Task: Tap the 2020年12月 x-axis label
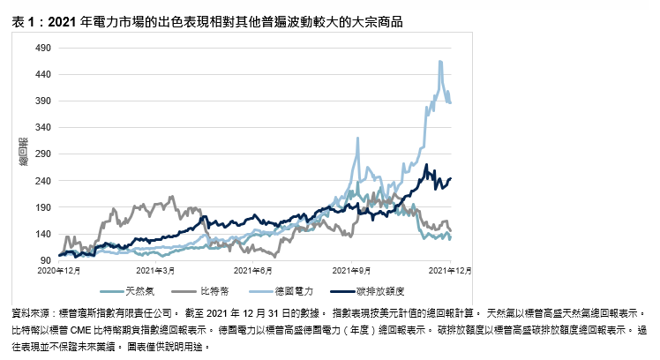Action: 61,270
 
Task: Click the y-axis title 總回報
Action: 25,153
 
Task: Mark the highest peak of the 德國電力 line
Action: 439,61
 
